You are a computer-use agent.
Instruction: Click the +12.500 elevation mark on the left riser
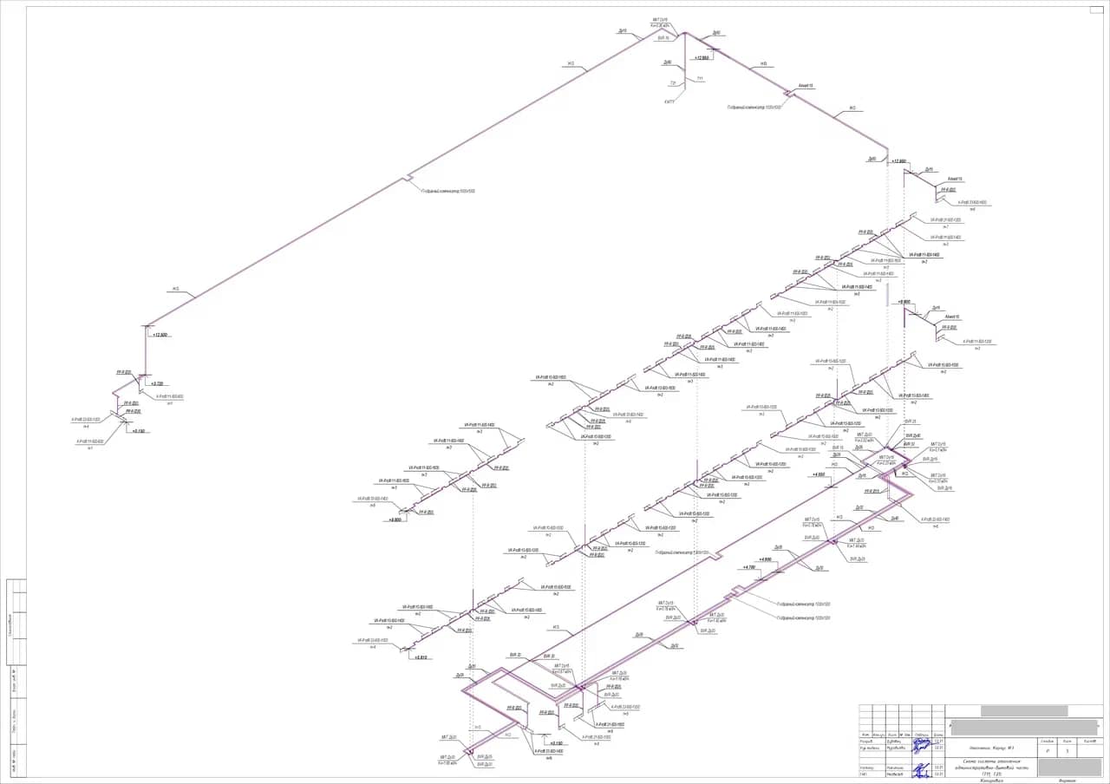[x=160, y=334]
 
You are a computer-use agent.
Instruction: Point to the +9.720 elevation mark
[x=158, y=383]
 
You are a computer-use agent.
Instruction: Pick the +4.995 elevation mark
[x=765, y=559]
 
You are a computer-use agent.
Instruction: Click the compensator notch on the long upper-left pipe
[x=406, y=180]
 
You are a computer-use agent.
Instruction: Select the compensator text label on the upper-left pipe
[x=448, y=191]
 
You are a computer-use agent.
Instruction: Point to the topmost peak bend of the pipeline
[x=685, y=33]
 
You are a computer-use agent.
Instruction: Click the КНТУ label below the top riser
[x=669, y=101]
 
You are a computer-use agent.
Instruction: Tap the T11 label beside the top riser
[x=700, y=78]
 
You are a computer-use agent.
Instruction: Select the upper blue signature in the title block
[x=936, y=743]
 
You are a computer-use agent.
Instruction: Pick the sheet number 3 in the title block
[x=1067, y=751]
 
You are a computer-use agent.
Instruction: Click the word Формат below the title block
[x=1067, y=781]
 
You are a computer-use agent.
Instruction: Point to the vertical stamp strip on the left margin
[x=16, y=676]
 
